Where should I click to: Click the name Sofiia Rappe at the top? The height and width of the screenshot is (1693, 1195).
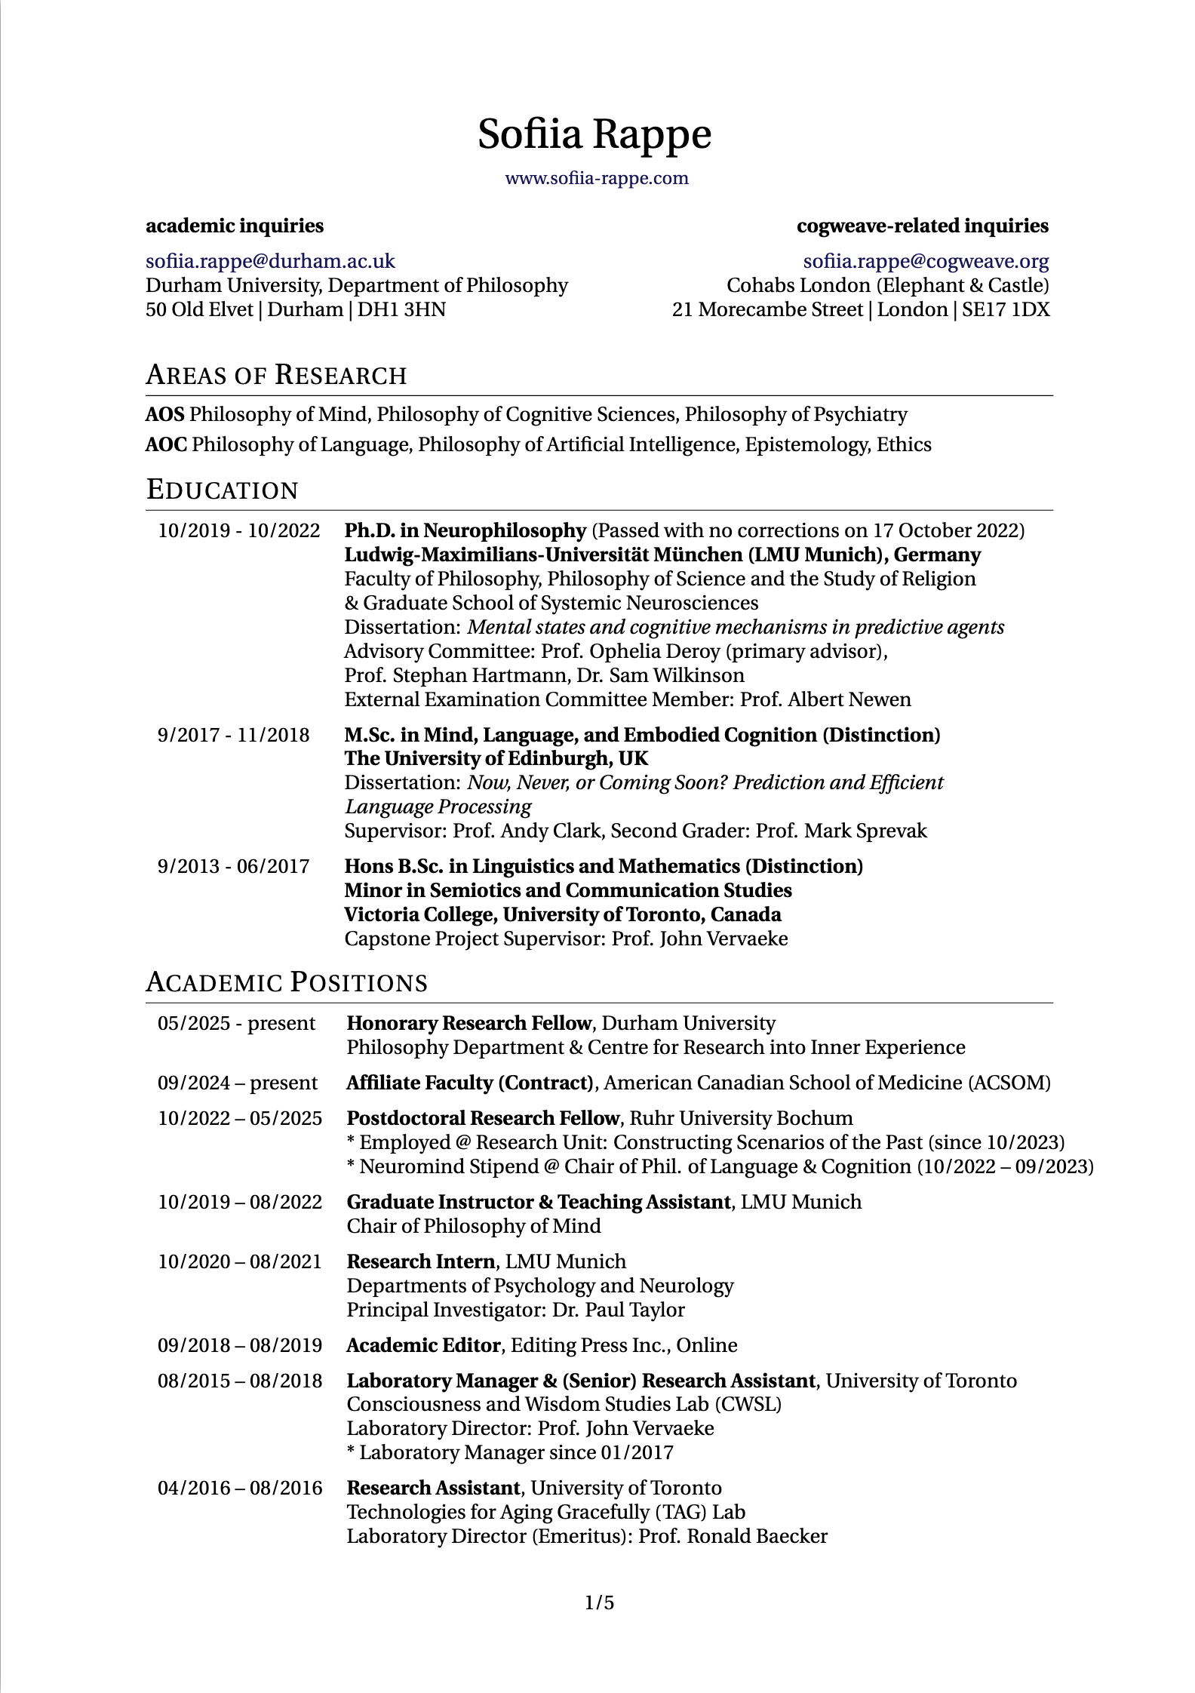pos(594,134)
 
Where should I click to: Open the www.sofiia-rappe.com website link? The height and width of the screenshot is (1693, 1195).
pos(596,178)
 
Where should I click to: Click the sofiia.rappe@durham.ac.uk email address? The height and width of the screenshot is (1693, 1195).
pos(270,261)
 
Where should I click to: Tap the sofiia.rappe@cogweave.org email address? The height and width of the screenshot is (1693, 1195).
pos(926,261)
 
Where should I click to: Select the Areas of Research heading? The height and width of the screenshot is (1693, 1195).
pos(276,375)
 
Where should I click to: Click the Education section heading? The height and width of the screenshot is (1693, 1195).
pos(223,490)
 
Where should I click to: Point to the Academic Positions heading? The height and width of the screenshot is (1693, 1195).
pos(287,982)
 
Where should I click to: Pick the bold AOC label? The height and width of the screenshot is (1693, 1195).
pos(166,444)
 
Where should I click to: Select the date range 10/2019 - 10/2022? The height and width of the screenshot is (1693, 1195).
pos(238,530)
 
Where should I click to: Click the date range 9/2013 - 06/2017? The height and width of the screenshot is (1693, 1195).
pos(233,865)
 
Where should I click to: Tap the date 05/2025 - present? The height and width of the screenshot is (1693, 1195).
pos(236,1023)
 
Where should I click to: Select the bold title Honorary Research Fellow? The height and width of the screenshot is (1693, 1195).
pos(468,1023)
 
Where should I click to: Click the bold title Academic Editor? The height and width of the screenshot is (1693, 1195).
pos(423,1345)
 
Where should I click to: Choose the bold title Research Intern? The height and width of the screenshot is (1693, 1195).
pos(420,1261)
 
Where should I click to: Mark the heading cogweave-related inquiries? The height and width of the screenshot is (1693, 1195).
pos(922,226)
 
